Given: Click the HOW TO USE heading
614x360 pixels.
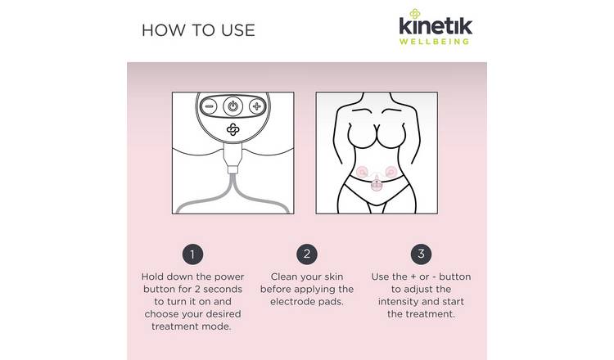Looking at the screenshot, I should [198, 30].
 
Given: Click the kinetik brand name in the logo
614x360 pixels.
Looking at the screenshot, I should [436, 26].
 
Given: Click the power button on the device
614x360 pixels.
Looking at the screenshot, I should [233, 106].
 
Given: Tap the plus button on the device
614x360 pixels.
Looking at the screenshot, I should [256, 106].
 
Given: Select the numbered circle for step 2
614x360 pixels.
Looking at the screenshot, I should [307, 253].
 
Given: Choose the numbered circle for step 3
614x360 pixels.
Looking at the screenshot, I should [421, 253].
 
